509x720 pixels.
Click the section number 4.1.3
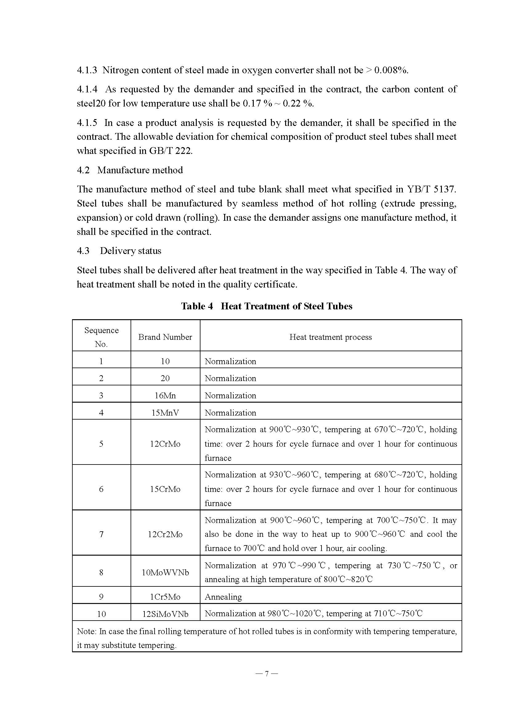[x=87, y=70]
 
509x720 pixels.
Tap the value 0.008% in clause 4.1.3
[x=391, y=70]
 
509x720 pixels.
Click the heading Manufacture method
[x=140, y=170]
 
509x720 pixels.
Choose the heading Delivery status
[x=131, y=251]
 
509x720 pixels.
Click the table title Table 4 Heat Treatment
[x=267, y=306]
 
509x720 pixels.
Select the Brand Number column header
[x=165, y=337]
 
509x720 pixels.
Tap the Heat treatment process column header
[x=330, y=337]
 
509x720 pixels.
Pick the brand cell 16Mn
[x=165, y=396]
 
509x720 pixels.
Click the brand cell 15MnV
[x=165, y=413]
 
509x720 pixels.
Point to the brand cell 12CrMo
[x=165, y=444]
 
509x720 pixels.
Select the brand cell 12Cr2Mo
[x=165, y=534]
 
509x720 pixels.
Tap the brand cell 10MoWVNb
[x=165, y=572]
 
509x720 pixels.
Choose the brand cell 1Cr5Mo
[x=165, y=597]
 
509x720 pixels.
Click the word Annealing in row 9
[x=223, y=597]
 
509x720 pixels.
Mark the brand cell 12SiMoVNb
[x=165, y=614]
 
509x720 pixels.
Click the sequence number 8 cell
[x=101, y=572]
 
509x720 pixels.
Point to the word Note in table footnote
[x=86, y=631]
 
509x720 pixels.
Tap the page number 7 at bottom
[x=267, y=674]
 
